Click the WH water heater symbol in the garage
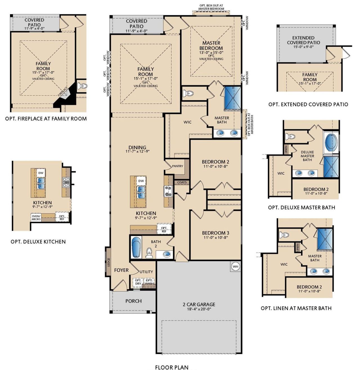pyautogui.click(x=235, y=266)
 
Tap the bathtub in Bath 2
pyautogui.click(x=136, y=247)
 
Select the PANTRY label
pyautogui.click(x=177, y=166)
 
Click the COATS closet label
pyautogui.click(x=182, y=182)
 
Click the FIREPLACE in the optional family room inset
pyautogui.click(x=64, y=92)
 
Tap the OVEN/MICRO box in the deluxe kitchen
pyautogui.click(x=36, y=217)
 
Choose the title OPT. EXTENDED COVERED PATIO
pyautogui.click(x=308, y=104)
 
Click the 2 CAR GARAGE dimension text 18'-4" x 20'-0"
pyautogui.click(x=199, y=309)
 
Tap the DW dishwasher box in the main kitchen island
pyautogui.click(x=141, y=181)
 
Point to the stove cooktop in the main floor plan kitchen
pyautogui.click(x=168, y=191)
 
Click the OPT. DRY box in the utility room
pyautogui.click(x=138, y=282)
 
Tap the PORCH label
pyautogui.click(x=133, y=301)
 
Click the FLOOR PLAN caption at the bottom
pyautogui.click(x=172, y=367)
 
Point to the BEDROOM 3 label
pyautogui.click(x=215, y=233)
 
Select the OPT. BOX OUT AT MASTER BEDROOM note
pyautogui.click(x=211, y=7)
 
